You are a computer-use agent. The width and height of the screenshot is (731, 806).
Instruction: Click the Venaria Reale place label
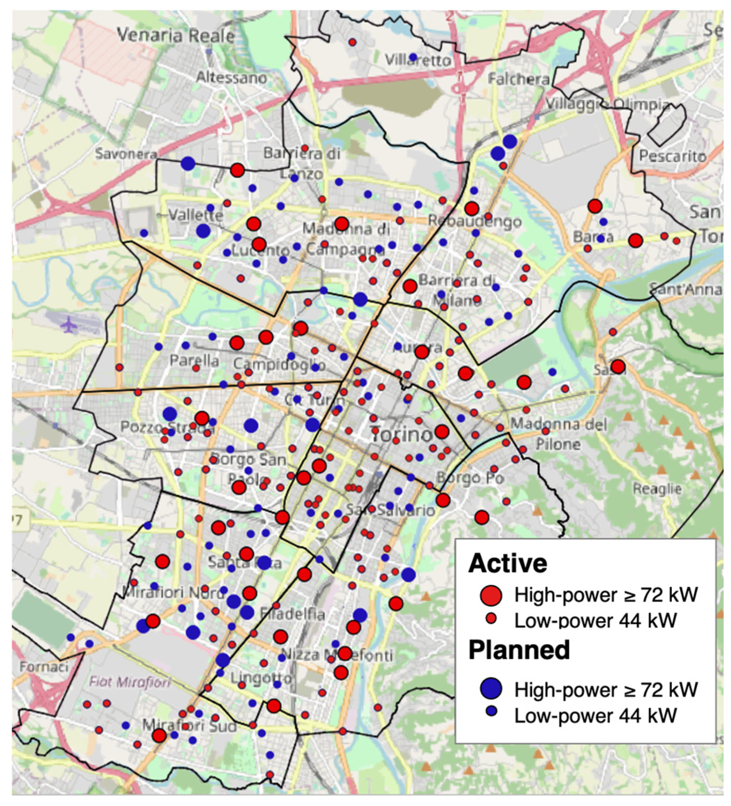[x=176, y=36]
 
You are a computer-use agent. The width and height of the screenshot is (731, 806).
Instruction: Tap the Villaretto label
[x=418, y=61]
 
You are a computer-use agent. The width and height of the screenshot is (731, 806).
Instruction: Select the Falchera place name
[x=519, y=79]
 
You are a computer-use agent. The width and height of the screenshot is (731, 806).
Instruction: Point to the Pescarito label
[x=673, y=156]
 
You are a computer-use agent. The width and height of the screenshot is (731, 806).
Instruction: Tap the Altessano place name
[x=232, y=77]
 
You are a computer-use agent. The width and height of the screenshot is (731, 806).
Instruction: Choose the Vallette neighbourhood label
[x=195, y=216]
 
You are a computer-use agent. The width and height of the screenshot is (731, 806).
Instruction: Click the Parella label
[x=194, y=361]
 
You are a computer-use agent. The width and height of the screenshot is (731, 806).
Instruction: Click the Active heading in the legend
[x=508, y=564]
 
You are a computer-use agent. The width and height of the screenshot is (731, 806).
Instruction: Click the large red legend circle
[x=491, y=595]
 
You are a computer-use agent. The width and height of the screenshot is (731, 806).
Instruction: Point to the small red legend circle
[x=492, y=618]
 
